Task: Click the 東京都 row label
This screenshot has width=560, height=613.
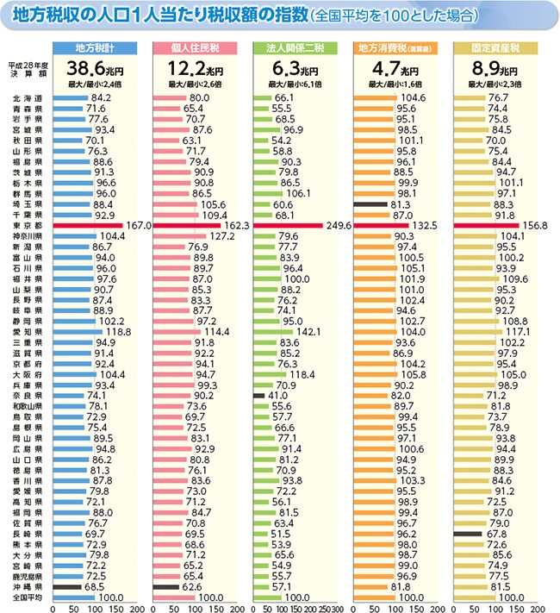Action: [27, 225]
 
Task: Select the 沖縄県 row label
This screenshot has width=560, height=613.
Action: [27, 586]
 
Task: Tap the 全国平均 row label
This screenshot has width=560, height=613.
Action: [27, 597]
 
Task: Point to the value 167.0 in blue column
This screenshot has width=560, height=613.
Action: [138, 225]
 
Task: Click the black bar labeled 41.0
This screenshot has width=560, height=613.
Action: [260, 395]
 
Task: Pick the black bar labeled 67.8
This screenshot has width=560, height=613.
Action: [468, 534]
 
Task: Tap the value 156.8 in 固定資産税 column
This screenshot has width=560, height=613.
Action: [533, 225]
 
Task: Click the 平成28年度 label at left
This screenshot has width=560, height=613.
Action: [25, 65]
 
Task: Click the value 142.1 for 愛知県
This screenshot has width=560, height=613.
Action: [308, 331]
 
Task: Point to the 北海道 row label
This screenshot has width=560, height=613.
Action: [27, 98]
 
